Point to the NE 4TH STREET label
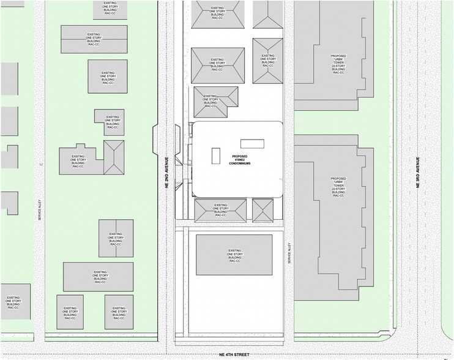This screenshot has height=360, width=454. click(234, 354)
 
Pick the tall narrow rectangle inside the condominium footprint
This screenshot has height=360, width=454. click(217, 156)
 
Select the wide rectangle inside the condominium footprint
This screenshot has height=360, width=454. click(252, 143)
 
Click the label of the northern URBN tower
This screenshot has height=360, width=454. click(338, 64)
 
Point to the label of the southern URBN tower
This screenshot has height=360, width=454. click(338, 187)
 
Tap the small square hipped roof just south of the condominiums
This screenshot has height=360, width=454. click(263, 210)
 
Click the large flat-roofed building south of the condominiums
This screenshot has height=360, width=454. click(234, 255)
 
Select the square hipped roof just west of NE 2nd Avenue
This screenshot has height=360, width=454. click(114, 157)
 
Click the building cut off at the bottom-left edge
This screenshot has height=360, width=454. click(14, 302)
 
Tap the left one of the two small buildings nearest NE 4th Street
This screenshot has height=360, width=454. click(70, 313)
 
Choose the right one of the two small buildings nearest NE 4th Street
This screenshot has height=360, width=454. click(119, 313)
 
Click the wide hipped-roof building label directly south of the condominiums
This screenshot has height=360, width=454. click(220, 210)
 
